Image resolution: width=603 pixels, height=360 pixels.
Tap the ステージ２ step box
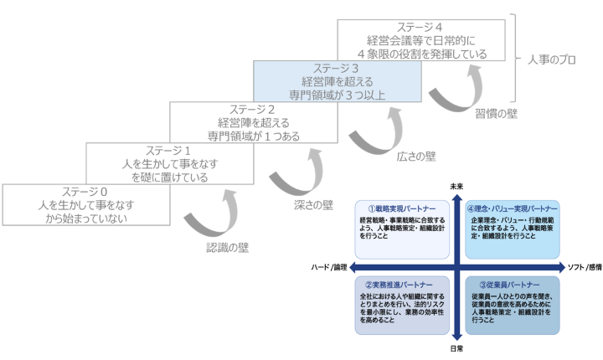point(253,122)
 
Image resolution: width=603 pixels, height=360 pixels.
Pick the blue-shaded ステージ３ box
point(337,81)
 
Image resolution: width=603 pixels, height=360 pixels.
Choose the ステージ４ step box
point(421,40)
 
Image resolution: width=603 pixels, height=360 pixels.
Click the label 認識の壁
point(228,248)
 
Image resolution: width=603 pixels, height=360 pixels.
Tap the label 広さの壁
point(415,157)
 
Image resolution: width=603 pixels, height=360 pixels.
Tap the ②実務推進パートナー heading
point(395,285)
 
